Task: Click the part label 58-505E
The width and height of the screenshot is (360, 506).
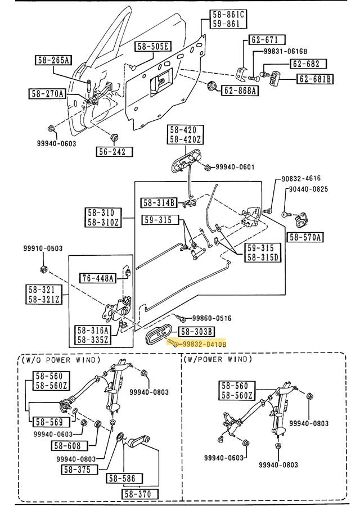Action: [x=155, y=47]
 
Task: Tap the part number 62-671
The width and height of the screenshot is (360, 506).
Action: [x=264, y=40]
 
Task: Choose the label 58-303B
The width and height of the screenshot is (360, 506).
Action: [x=196, y=332]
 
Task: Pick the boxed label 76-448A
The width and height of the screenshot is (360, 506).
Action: [x=97, y=278]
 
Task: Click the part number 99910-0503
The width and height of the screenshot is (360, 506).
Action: [x=43, y=248]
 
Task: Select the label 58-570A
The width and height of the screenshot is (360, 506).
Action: [x=305, y=237]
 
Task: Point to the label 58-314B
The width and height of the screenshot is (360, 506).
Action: [x=159, y=202]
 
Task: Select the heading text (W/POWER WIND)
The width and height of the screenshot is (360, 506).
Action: [x=218, y=360]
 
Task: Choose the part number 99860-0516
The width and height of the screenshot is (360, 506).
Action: [x=208, y=318]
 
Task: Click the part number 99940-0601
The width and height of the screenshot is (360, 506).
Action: [x=235, y=167]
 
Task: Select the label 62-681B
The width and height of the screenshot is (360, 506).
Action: [x=315, y=79]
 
